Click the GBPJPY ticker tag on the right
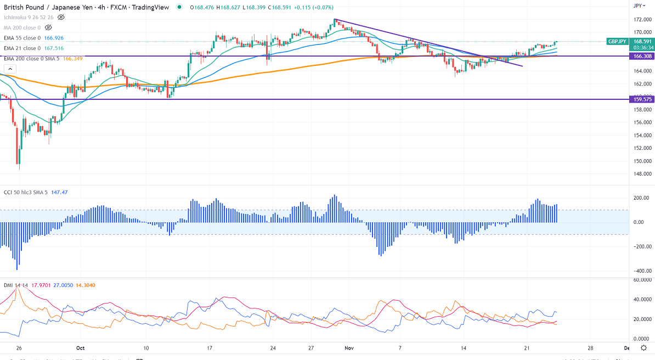[616, 41]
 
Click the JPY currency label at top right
[637, 5]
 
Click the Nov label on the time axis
[348, 348]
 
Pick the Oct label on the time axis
[81, 348]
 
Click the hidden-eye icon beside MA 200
[48, 27]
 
